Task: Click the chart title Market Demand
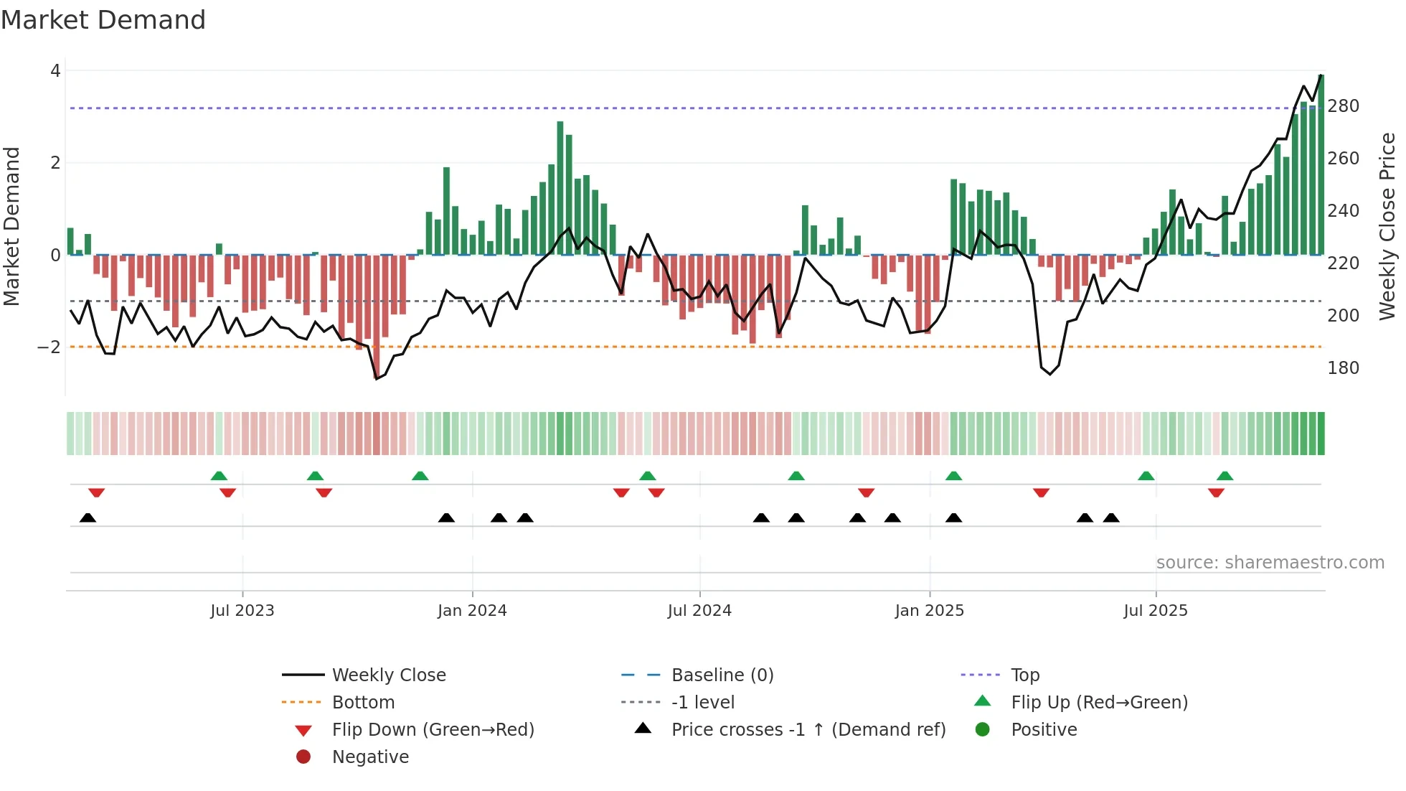click(103, 20)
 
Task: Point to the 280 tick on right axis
click(1343, 106)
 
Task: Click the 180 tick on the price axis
click(1343, 368)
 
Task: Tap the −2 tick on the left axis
click(49, 347)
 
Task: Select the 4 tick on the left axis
click(55, 71)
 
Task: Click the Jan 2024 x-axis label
click(472, 611)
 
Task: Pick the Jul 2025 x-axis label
click(1155, 611)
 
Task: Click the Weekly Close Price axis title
click(1387, 226)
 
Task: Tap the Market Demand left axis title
click(12, 226)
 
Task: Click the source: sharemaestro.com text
click(1270, 563)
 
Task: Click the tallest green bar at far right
click(1321, 165)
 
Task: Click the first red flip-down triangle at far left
click(97, 492)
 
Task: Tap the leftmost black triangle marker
click(88, 518)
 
